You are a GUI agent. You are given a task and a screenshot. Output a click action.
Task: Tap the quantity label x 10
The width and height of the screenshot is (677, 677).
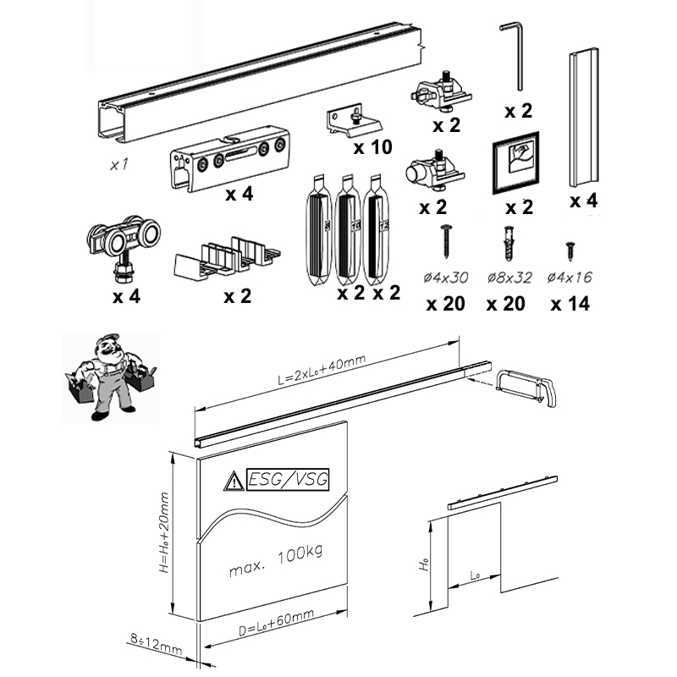tap(372, 147)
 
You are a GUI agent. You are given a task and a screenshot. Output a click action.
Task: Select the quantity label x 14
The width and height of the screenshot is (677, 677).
tap(570, 304)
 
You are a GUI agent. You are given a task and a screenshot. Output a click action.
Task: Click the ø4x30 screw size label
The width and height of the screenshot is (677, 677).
tap(446, 278)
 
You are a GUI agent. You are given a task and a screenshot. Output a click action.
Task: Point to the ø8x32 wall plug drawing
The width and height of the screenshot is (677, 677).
tap(509, 243)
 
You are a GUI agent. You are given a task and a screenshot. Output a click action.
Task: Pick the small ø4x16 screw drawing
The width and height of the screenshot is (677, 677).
tap(570, 250)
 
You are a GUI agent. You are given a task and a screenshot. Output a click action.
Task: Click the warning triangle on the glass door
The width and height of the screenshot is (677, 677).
tap(234, 481)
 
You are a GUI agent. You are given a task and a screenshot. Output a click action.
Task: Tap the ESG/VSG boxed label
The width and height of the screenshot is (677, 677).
tap(288, 479)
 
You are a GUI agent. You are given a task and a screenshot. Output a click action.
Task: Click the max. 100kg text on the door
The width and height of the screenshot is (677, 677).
tap(276, 561)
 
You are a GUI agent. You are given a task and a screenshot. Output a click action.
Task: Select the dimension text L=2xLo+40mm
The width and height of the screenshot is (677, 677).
tap(322, 369)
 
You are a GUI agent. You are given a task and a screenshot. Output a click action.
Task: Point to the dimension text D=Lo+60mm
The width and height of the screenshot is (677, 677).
tap(277, 623)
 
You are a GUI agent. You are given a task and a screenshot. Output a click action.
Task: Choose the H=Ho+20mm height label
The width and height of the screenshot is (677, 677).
tap(164, 533)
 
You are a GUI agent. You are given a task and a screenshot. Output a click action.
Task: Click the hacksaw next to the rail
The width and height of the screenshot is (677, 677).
tap(526, 388)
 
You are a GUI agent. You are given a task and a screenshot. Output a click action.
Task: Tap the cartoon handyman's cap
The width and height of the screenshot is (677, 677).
tap(107, 338)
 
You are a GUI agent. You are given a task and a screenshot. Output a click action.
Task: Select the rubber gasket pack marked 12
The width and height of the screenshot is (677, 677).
tap(376, 228)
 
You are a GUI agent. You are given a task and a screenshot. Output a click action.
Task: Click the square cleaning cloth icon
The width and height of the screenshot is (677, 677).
tap(515, 163)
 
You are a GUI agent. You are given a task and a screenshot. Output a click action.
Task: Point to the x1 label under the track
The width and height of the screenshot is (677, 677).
tap(118, 164)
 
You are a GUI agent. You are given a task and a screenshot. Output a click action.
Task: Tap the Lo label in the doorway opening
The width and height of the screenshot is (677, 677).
tap(475, 575)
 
